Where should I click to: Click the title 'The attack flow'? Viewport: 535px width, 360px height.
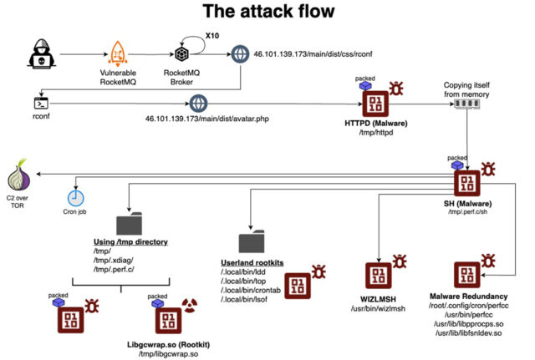click(267, 13)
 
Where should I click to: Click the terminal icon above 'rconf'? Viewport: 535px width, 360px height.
click(40, 104)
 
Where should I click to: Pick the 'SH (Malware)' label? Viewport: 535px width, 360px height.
click(466, 205)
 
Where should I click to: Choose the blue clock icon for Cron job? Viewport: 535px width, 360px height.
click(76, 198)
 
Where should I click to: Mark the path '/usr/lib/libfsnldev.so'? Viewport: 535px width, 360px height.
click(467, 333)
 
